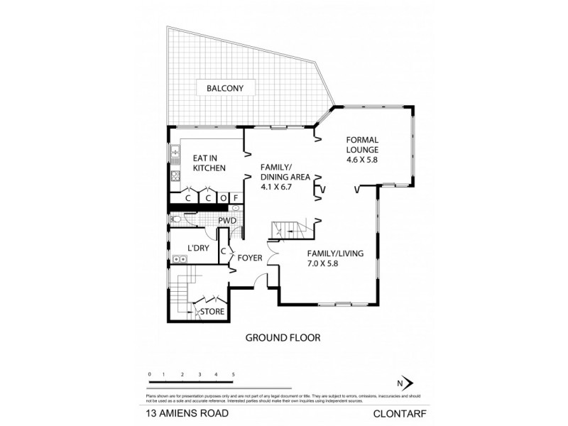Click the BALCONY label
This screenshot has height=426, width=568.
pyautogui.click(x=225, y=88)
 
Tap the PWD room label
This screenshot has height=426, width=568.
pyautogui.click(x=226, y=221)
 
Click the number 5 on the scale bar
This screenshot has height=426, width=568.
pyautogui.click(x=234, y=373)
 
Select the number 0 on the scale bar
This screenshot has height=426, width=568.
pyautogui.click(x=150, y=373)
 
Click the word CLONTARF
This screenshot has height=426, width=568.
pyautogui.click(x=394, y=411)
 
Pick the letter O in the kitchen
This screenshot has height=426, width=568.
pyautogui.click(x=222, y=198)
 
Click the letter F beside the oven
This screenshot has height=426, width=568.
pyautogui.click(x=234, y=198)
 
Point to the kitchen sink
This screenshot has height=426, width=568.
pyautogui.click(x=173, y=152)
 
